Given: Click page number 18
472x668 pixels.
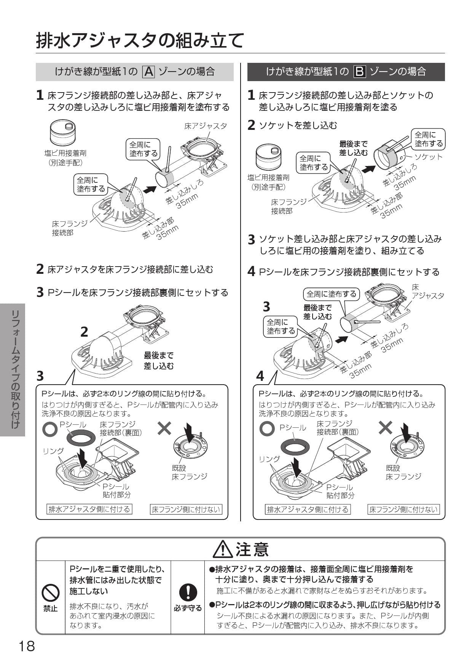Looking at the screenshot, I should (x=27, y=646).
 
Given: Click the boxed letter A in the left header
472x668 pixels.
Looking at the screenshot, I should (x=148, y=72).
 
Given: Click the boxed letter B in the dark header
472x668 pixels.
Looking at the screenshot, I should (x=359, y=72).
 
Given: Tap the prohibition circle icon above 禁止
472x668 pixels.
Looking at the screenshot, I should (x=51, y=593).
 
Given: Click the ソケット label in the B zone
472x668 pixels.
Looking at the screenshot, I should (x=428, y=157).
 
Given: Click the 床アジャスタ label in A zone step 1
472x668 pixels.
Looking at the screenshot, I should (x=205, y=126).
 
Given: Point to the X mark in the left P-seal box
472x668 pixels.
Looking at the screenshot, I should (x=164, y=428).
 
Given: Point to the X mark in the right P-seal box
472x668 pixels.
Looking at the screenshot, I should (x=385, y=428).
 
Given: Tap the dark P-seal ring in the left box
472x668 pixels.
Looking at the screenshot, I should (x=80, y=438).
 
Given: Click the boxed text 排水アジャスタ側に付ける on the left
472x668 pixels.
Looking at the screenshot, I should (x=89, y=509).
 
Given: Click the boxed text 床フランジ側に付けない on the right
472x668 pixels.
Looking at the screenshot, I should (x=403, y=510).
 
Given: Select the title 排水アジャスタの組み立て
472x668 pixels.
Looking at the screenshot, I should (x=140, y=40).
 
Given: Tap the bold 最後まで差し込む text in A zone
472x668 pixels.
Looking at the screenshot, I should (x=159, y=361).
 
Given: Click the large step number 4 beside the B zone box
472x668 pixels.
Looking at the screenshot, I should (x=260, y=376).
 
